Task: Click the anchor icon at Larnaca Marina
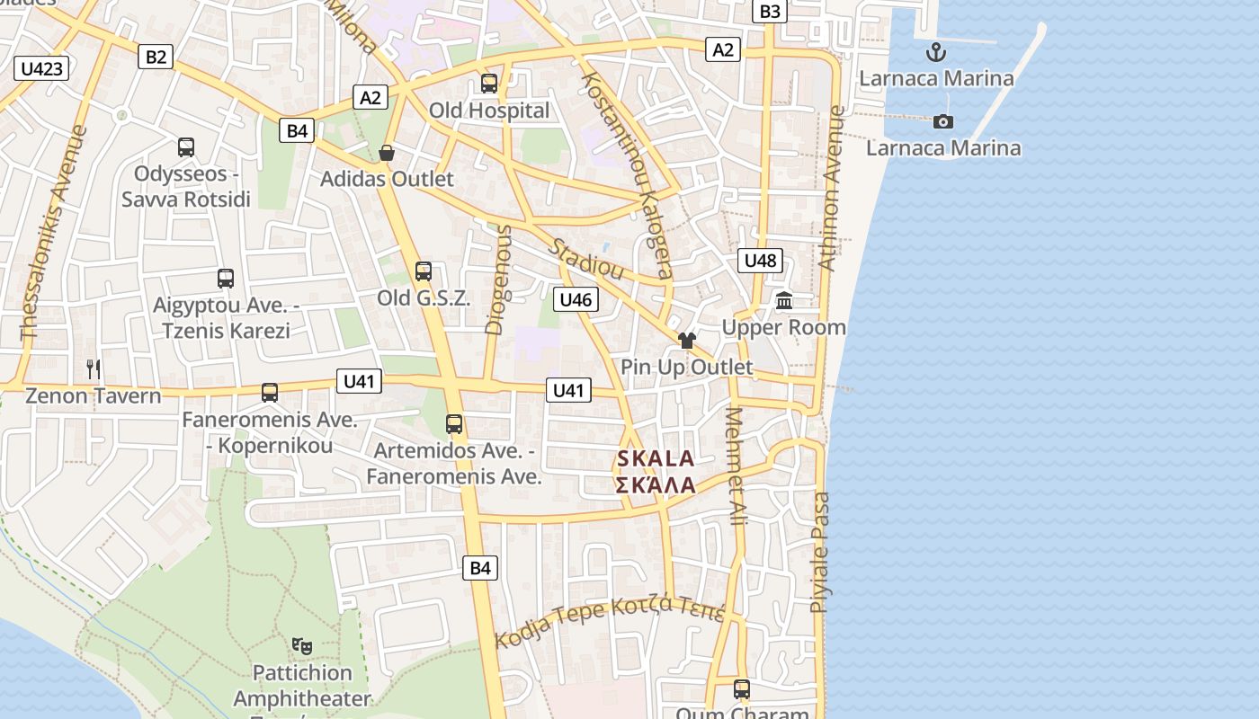point(936,51)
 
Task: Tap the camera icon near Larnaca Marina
point(942,121)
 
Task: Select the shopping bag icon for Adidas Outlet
point(387,153)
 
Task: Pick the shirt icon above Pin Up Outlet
point(687,341)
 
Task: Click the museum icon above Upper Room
point(784,301)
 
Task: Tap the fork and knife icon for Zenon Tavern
point(94,368)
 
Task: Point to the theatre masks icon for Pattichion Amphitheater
point(302,645)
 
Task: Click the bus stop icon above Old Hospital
point(489,84)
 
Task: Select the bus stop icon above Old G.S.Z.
point(423,271)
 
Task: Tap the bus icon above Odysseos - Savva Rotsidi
point(186,146)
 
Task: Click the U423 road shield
point(42,68)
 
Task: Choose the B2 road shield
point(156,57)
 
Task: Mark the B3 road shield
point(771,11)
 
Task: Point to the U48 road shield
point(760,261)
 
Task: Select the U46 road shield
point(576,299)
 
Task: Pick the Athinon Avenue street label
point(834,189)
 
